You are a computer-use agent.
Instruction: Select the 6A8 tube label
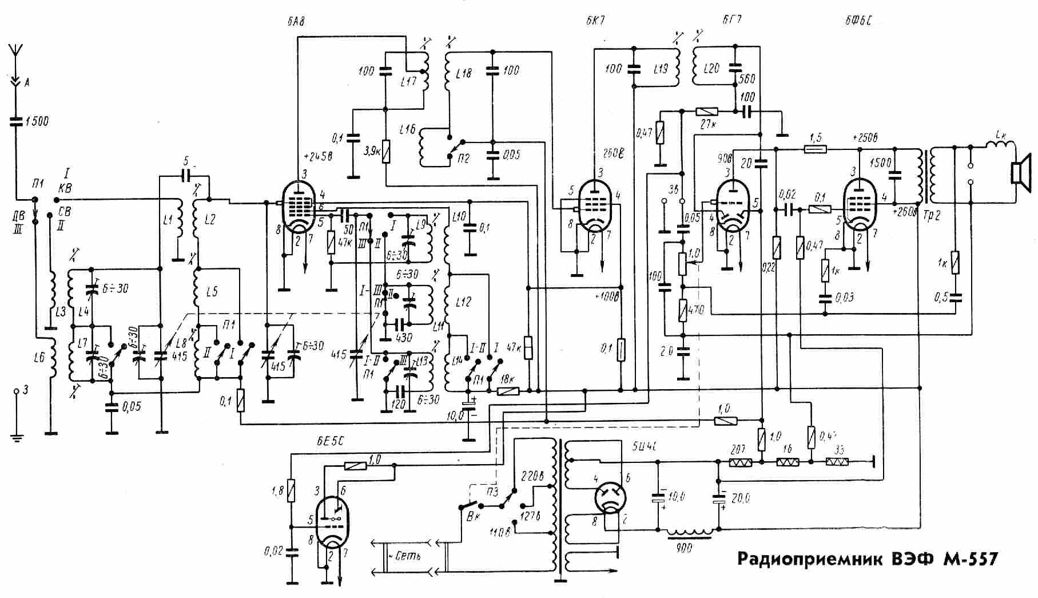point(296,22)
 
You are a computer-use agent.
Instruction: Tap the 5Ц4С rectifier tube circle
point(611,496)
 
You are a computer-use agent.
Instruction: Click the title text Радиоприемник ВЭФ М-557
point(867,559)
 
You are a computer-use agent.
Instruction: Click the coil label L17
point(409,81)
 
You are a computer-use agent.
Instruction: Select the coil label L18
point(464,74)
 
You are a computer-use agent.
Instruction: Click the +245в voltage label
point(317,156)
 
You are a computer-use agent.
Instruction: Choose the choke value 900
point(683,548)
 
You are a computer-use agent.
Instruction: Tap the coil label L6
point(38,358)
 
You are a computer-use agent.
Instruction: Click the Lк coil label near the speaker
point(1000,135)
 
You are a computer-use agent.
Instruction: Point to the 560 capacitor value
point(747,79)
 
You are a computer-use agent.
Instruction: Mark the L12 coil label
point(464,302)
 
